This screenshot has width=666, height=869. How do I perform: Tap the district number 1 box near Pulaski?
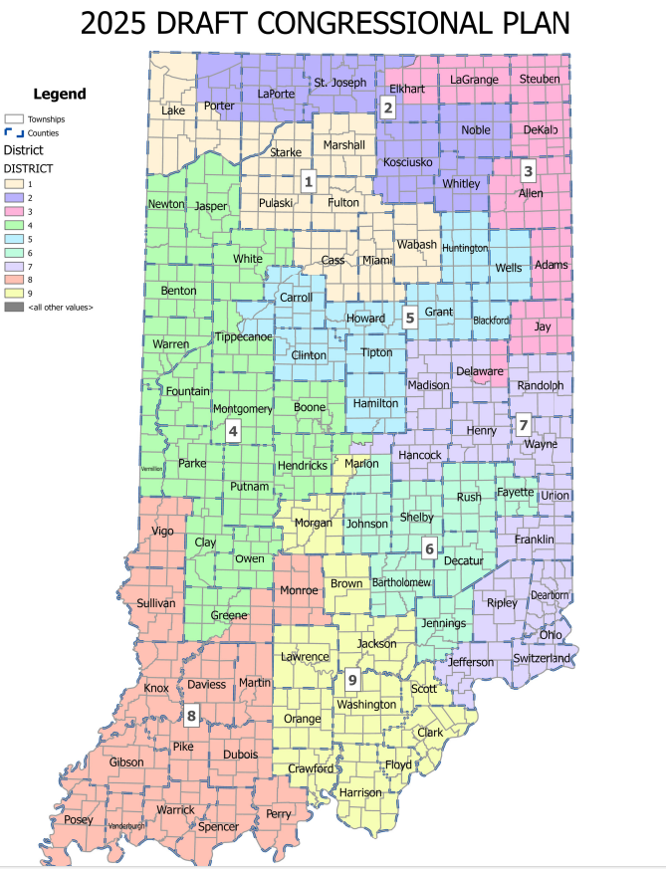pyautogui.click(x=309, y=181)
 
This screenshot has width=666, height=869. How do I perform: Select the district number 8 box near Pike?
pyautogui.click(x=191, y=714)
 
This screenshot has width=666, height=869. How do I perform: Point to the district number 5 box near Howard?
pyautogui.click(x=409, y=318)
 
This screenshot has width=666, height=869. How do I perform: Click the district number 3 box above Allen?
pyautogui.click(x=529, y=169)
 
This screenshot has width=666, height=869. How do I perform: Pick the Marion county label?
pyautogui.click(x=362, y=464)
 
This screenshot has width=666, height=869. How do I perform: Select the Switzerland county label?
pyautogui.click(x=543, y=658)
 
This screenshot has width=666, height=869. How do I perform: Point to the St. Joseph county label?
pyautogui.click(x=340, y=82)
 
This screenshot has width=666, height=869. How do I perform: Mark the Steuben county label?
pyautogui.click(x=540, y=79)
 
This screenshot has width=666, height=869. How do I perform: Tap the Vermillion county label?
pyautogui.click(x=151, y=468)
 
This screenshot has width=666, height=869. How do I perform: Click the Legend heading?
pyautogui.click(x=60, y=95)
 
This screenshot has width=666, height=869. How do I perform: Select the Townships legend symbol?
pyautogui.click(x=14, y=117)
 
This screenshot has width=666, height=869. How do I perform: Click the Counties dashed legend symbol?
pyautogui.click(x=14, y=131)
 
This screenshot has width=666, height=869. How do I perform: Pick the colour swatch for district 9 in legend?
pyautogui.click(x=14, y=294)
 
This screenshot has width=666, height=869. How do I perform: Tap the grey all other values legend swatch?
pyautogui.click(x=14, y=308)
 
